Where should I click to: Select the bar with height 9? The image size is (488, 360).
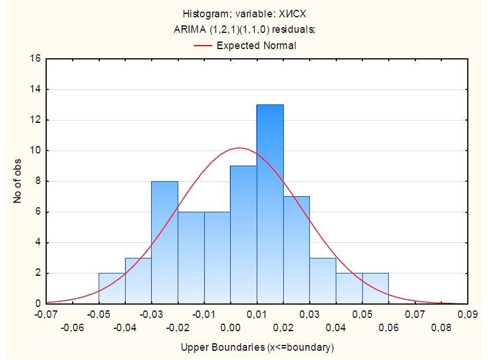click(243, 234)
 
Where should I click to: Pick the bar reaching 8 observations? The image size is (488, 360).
click(164, 242)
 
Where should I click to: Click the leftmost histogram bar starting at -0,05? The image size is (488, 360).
click(112, 288)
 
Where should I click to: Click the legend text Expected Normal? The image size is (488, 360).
click(256, 45)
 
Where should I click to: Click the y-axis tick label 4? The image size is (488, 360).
click(37, 242)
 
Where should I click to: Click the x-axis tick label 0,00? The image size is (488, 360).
click(231, 328)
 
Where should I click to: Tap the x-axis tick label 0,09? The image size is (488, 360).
click(468, 314)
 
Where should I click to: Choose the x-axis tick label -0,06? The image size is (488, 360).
click(73, 328)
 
